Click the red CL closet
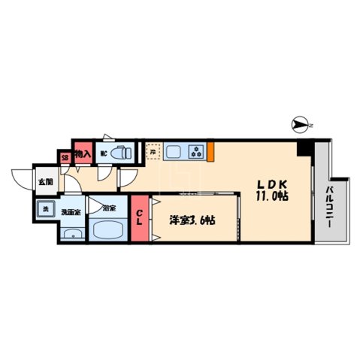pos(140,218)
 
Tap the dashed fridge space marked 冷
pos(153,153)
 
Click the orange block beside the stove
pos(213,151)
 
